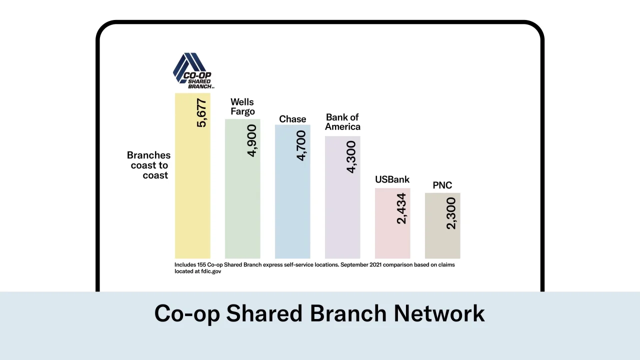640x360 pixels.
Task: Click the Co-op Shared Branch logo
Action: click(x=193, y=70)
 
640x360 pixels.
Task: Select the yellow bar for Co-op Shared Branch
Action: click(x=192, y=175)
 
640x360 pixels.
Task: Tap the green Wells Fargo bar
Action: click(x=242, y=189)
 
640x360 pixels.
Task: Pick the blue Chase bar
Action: click(x=292, y=191)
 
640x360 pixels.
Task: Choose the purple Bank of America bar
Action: click(x=342, y=197)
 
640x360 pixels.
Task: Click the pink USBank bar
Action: click(x=392, y=223)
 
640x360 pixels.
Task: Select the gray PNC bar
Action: click(x=442, y=225)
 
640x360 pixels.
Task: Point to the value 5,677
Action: click(x=201, y=113)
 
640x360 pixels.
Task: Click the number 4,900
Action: click(x=251, y=140)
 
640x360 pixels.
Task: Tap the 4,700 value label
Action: click(x=301, y=145)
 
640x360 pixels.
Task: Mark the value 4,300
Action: click(x=351, y=157)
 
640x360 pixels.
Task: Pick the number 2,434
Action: click(x=401, y=208)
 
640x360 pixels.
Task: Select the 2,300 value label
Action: click(x=451, y=213)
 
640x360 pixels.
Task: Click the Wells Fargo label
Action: click(x=242, y=106)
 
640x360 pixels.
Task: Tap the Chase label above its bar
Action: click(x=292, y=119)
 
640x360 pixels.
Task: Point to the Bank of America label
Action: click(x=342, y=122)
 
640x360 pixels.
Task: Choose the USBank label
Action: click(x=392, y=179)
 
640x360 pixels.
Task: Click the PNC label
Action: click(x=442, y=185)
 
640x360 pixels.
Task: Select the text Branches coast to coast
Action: click(x=148, y=165)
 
